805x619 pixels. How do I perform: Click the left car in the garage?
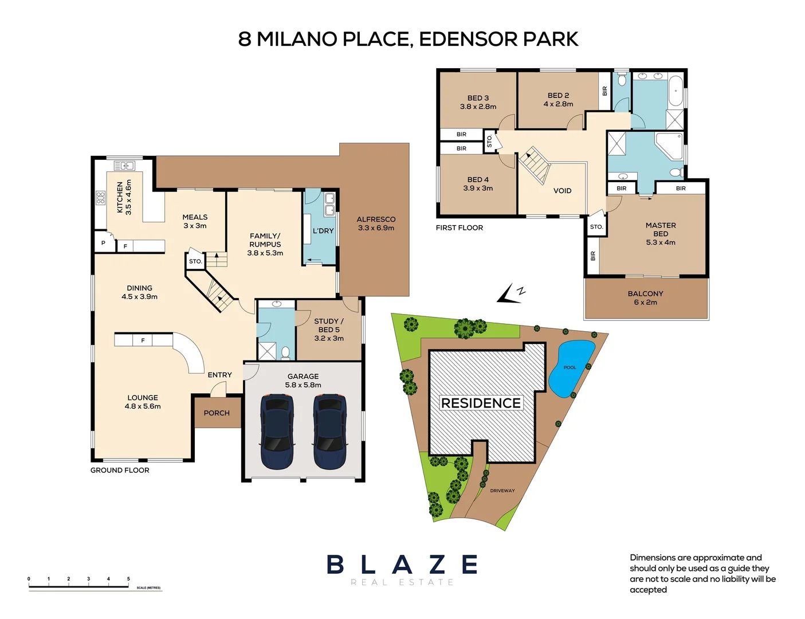pyautogui.click(x=277, y=431)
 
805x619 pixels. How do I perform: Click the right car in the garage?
pyautogui.click(x=329, y=431)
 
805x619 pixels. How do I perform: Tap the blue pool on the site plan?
pyautogui.click(x=570, y=368)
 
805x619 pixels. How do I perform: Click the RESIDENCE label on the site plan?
pyautogui.click(x=481, y=403)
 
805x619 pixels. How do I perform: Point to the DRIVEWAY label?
pyautogui.click(x=502, y=491)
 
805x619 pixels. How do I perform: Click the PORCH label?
pyautogui.click(x=217, y=413)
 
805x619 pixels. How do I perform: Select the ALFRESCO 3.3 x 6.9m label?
pyautogui.click(x=376, y=224)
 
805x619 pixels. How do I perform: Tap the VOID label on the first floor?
pyautogui.click(x=562, y=191)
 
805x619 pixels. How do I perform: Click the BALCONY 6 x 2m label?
pyautogui.click(x=645, y=298)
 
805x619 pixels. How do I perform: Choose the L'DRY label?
pyautogui.click(x=323, y=231)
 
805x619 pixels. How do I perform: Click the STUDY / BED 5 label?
pyautogui.click(x=329, y=330)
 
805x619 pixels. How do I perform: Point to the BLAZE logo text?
pyautogui.click(x=402, y=565)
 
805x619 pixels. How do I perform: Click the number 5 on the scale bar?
pyautogui.click(x=128, y=579)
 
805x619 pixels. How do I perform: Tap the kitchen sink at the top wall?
pyautogui.click(x=124, y=166)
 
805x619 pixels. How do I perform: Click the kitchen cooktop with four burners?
pyautogui.click(x=100, y=198)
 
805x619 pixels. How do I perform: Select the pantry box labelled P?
pyautogui.click(x=103, y=243)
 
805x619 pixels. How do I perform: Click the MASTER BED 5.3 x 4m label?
pyautogui.click(x=661, y=234)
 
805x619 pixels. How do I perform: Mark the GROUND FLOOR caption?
pyautogui.click(x=120, y=470)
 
